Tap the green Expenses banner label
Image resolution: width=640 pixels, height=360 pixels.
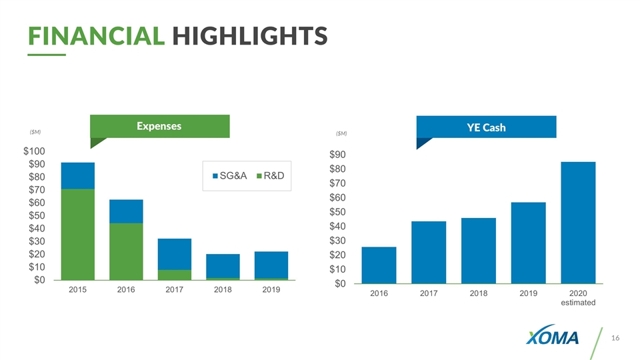pyautogui.click(x=159, y=125)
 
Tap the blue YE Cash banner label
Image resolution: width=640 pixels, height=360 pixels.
pyautogui.click(x=485, y=127)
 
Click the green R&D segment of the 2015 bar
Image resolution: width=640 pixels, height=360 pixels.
pyautogui.click(x=77, y=234)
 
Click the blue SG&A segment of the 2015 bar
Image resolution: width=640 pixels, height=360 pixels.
pyautogui.click(x=77, y=175)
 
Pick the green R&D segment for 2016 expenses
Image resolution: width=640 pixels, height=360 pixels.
pyautogui.click(x=126, y=251)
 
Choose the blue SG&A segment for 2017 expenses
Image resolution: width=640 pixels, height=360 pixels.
pyautogui.click(x=175, y=254)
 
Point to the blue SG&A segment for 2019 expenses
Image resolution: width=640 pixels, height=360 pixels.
pyautogui.click(x=271, y=265)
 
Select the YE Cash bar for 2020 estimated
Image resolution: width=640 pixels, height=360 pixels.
pyautogui.click(x=578, y=223)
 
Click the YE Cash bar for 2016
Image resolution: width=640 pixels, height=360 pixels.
pyautogui.click(x=379, y=265)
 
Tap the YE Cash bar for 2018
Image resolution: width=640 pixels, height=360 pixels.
pyautogui.click(x=479, y=251)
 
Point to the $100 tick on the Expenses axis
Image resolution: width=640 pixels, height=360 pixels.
pyautogui.click(x=35, y=151)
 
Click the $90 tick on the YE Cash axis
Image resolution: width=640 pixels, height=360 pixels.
pyautogui.click(x=341, y=155)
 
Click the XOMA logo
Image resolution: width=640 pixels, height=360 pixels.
pyautogui.click(x=553, y=338)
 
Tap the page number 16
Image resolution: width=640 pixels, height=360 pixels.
pyautogui.click(x=615, y=339)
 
